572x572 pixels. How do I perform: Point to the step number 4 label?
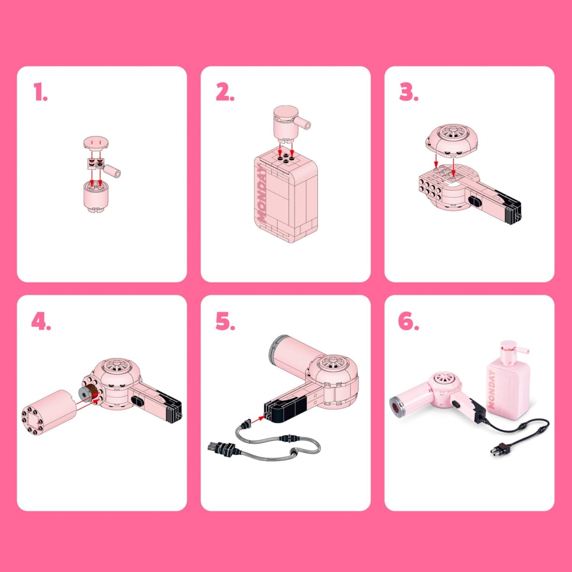(41, 321)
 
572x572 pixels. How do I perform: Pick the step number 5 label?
(225, 321)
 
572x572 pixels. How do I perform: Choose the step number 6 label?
(408, 321)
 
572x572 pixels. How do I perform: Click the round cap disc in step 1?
(96, 143)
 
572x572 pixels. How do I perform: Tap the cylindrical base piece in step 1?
(96, 196)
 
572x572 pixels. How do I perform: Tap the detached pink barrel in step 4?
(49, 412)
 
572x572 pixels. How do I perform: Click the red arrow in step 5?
(258, 419)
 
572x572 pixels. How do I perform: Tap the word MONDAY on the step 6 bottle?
(492, 390)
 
